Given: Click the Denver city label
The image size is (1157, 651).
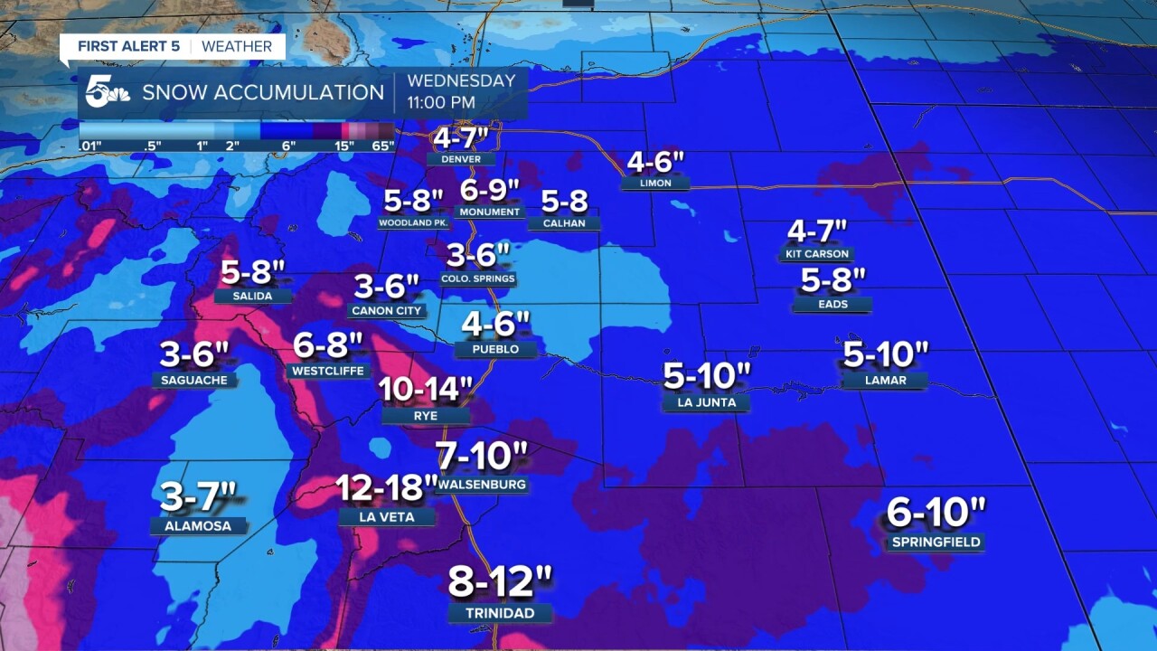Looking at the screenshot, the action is pos(461,159).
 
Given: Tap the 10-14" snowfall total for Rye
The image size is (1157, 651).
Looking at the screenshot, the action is pos(426,390).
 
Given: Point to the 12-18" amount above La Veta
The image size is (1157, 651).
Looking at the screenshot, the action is pos(387,488).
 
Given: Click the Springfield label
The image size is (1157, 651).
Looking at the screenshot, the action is pos(936,542).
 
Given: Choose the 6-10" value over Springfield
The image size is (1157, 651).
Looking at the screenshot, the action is pos(936,513).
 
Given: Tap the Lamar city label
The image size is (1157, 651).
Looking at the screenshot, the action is pos(885,381).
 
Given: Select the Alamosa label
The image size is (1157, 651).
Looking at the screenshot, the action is pos(198,525).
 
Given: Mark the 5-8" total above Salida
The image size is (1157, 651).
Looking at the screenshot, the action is pos(253,270).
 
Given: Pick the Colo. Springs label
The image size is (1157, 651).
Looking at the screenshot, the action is pos(478,278).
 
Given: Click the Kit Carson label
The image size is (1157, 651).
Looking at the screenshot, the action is pos(818,254).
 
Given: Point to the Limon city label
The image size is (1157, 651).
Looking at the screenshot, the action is pos(655,183).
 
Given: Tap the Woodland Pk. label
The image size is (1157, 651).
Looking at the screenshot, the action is pos(414,222).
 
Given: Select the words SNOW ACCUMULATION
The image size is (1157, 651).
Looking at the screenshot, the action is pos(263,92).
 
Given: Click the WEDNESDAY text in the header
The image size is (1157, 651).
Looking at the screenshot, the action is pos(461,80).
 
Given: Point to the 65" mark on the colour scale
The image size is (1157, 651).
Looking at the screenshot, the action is pos(383,146).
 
